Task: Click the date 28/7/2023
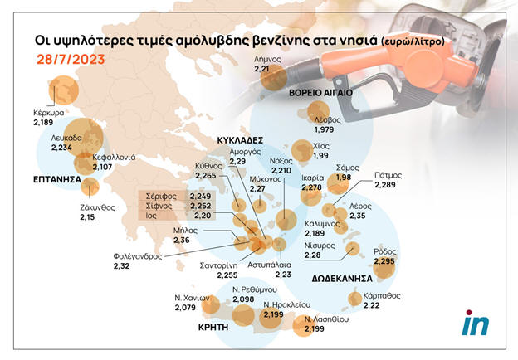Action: click(71, 60)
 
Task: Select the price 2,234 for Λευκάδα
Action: click(63, 147)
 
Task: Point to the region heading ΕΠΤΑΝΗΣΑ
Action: click(57, 179)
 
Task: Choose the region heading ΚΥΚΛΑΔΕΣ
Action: click(240, 141)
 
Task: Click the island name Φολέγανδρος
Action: click(142, 256)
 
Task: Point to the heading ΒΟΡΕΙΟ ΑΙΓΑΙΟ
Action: click(321, 93)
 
